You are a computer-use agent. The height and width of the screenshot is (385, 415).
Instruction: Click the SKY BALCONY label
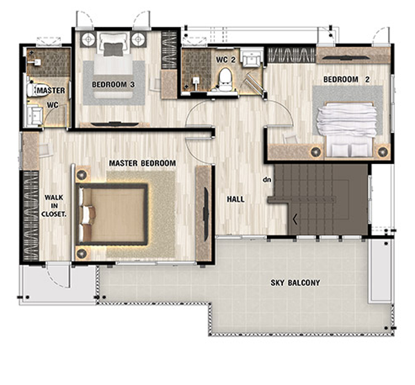(x=295, y=283)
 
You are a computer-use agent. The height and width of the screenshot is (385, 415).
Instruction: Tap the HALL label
(x=236, y=199)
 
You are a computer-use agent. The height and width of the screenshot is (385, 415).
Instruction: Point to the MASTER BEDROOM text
(x=142, y=163)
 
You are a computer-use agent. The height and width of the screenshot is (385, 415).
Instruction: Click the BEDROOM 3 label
(x=113, y=84)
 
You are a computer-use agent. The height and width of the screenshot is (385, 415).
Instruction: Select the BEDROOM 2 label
(x=347, y=79)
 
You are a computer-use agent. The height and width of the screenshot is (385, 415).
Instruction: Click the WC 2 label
(x=225, y=59)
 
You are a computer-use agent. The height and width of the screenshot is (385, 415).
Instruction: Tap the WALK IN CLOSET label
(x=54, y=206)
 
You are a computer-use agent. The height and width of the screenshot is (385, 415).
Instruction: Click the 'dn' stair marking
(x=267, y=180)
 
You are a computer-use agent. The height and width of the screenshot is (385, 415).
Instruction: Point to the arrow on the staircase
(x=295, y=219)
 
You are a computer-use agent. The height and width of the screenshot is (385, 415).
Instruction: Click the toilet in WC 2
(x=225, y=79)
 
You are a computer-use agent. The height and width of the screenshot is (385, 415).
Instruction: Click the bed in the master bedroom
(x=111, y=214)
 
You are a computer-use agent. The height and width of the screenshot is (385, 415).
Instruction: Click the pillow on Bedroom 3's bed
(x=113, y=49)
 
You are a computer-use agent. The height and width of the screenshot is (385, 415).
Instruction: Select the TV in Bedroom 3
(x=115, y=123)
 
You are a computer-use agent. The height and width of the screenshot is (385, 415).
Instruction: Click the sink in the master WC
(x=34, y=115)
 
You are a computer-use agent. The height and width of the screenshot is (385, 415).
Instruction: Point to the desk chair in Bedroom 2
(x=290, y=138)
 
